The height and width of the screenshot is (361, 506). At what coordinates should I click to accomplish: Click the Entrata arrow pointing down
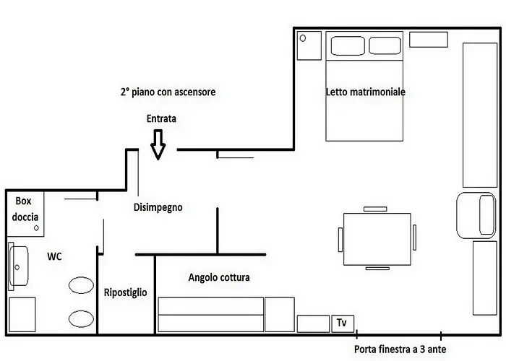158,144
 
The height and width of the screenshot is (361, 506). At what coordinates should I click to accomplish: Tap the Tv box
343,323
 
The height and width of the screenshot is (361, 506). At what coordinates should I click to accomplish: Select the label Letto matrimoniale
365,92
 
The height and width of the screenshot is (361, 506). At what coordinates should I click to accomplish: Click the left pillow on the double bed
348,45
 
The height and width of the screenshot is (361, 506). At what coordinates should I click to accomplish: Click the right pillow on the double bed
385,45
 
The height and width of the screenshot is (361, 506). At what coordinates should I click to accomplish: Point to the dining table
377,239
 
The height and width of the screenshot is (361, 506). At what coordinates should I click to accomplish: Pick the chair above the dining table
375,209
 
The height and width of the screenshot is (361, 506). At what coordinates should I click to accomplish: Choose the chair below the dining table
377,269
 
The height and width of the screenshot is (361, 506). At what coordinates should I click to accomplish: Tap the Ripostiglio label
126,292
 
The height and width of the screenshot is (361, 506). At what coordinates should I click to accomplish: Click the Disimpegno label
158,207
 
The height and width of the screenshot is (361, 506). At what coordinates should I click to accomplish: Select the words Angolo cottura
219,277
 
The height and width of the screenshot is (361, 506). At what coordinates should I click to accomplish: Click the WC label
54,256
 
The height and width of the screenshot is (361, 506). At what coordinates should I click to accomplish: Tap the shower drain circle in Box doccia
36,228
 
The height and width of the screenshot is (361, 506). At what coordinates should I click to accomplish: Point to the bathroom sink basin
19,266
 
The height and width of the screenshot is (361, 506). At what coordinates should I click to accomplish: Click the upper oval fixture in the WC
81,285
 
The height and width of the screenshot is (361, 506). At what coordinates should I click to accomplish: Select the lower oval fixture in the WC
81,318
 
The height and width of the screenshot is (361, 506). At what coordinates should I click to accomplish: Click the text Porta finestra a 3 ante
400,349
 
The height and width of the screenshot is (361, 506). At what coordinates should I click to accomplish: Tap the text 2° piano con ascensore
168,92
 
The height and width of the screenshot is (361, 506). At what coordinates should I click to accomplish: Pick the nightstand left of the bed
309,45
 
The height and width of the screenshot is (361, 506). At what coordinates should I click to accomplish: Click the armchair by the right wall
476,215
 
